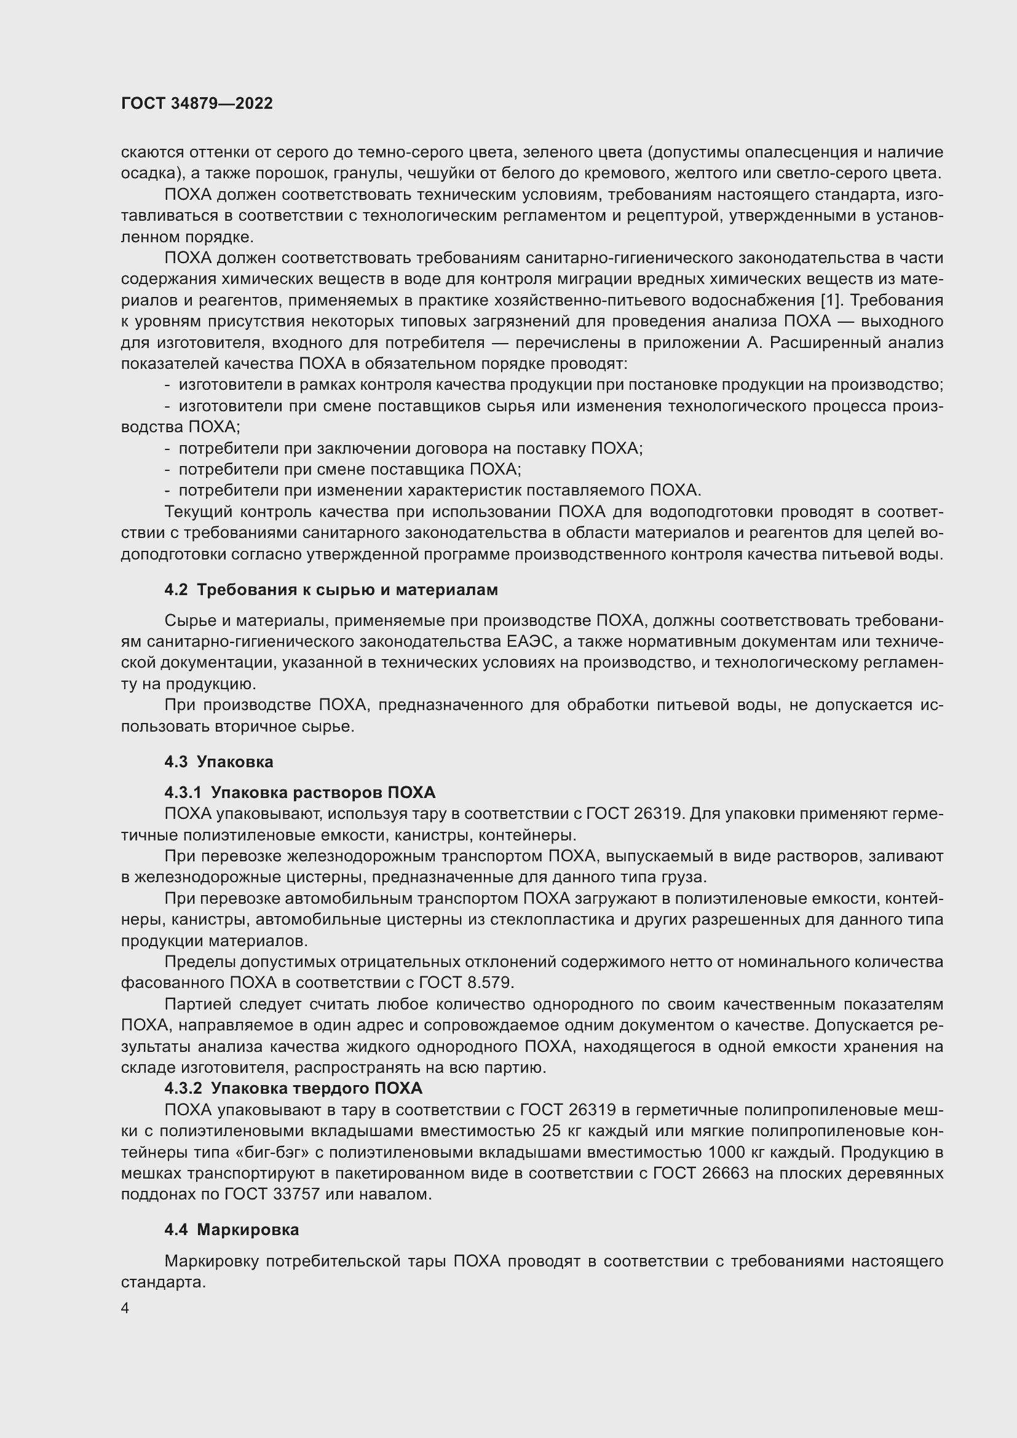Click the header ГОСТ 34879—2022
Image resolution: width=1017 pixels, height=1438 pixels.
[x=197, y=103]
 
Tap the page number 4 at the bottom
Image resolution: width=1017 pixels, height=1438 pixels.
[x=125, y=1308]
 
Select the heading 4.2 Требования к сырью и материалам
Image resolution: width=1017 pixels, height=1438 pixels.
[x=331, y=590]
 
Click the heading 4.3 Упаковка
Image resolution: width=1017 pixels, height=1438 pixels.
[x=218, y=762]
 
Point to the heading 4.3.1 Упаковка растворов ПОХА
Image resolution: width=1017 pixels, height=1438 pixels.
[x=299, y=792]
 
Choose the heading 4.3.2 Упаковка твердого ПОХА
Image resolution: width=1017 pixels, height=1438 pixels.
[x=293, y=1088]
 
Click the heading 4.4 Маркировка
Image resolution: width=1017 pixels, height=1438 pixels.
[x=231, y=1230]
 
